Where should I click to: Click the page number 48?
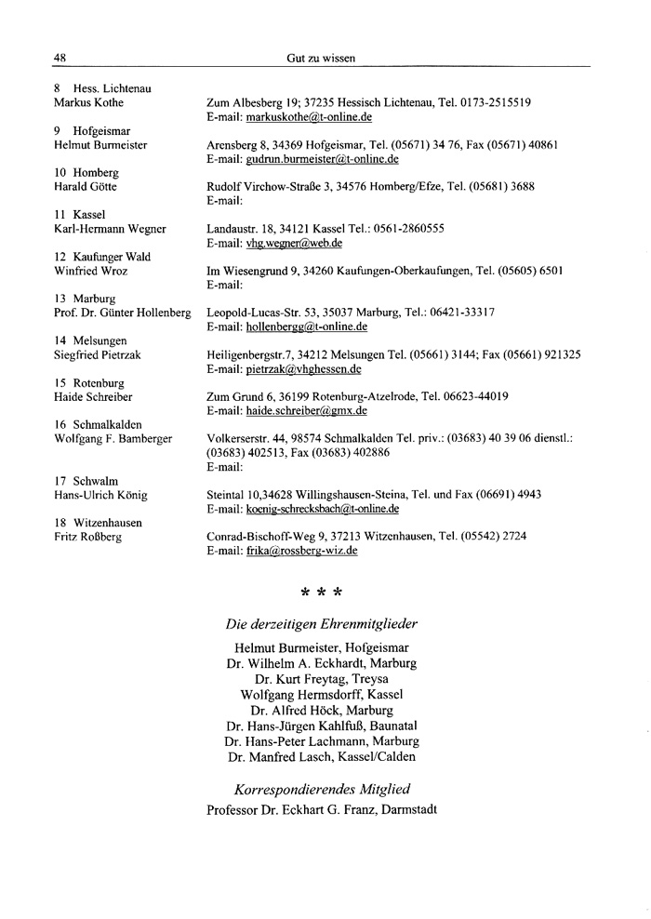[60, 58]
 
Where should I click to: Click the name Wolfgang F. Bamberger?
[113, 438]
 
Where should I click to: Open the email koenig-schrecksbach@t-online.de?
[323, 509]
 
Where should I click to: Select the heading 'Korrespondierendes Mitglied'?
[322, 789]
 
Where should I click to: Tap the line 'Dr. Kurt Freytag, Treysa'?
[322, 679]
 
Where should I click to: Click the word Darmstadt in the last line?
[404, 809]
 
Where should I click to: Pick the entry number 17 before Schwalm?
[60, 481]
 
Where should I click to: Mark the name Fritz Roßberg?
[88, 537]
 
